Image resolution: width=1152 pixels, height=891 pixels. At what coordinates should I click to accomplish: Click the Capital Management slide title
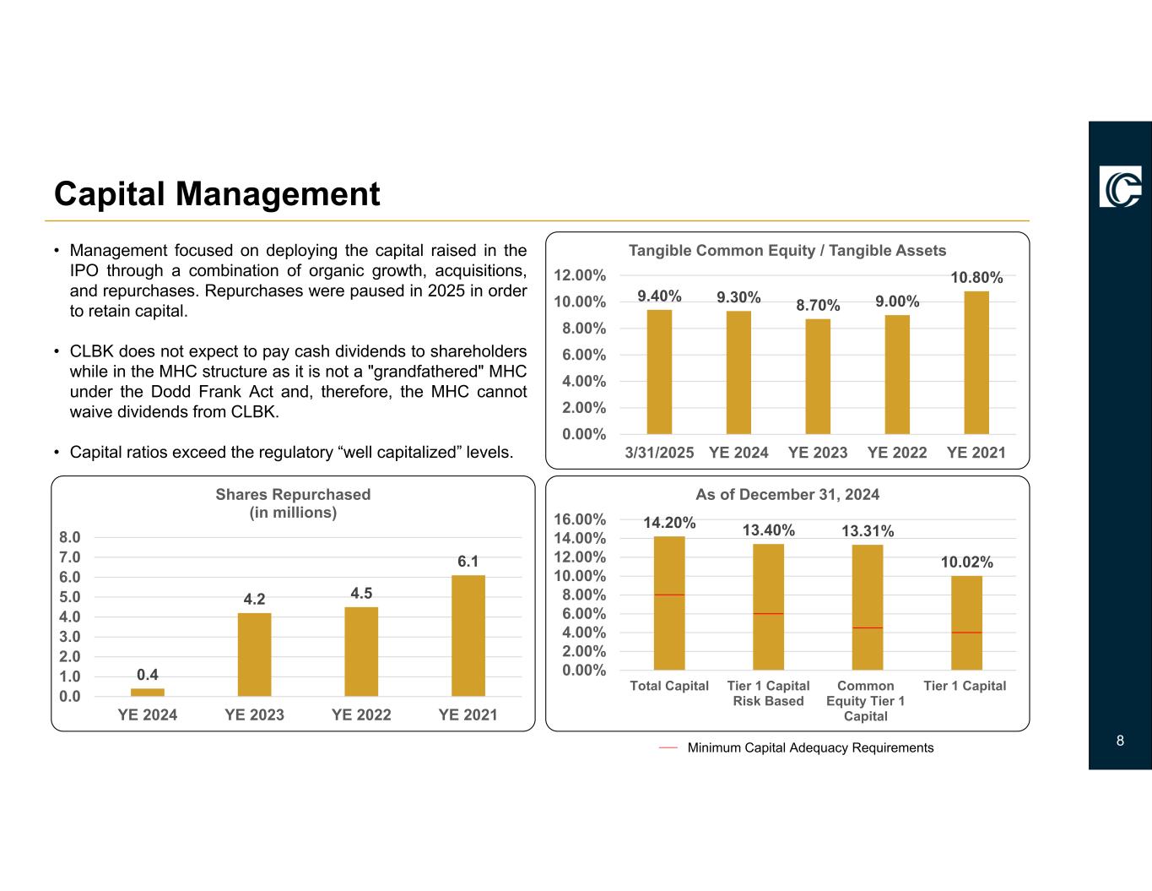[x=217, y=194]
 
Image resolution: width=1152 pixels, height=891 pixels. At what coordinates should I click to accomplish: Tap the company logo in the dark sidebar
[x=1120, y=187]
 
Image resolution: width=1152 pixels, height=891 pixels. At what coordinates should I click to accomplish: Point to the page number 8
[x=1120, y=741]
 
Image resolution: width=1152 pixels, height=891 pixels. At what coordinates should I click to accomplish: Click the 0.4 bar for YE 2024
[x=148, y=692]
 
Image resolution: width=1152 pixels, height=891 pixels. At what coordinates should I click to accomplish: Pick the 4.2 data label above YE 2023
[x=254, y=599]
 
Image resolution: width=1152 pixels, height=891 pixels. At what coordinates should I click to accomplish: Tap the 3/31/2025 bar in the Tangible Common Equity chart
[x=659, y=372]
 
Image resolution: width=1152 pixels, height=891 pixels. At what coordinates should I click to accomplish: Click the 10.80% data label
[x=976, y=277]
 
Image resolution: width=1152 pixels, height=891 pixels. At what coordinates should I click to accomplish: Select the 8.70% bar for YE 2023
[x=818, y=376]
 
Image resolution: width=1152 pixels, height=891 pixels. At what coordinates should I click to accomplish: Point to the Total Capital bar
[x=669, y=603]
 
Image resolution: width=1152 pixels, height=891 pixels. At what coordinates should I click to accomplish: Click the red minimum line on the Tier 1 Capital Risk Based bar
[x=768, y=613]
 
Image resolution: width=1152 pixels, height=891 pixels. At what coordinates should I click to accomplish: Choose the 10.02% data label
[x=966, y=562]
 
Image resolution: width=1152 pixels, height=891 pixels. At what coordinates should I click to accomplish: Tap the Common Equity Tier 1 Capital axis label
[x=865, y=701]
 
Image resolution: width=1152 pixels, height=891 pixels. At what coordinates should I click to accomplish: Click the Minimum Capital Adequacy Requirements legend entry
[x=809, y=747]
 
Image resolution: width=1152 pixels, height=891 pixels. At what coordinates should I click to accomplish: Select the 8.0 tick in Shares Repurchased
[x=70, y=537]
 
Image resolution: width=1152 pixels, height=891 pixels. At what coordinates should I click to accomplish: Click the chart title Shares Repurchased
[x=293, y=494]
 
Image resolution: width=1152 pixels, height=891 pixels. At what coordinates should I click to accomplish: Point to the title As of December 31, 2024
[x=787, y=494]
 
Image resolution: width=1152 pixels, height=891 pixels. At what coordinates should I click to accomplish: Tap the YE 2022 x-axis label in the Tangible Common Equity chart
[x=897, y=452]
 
